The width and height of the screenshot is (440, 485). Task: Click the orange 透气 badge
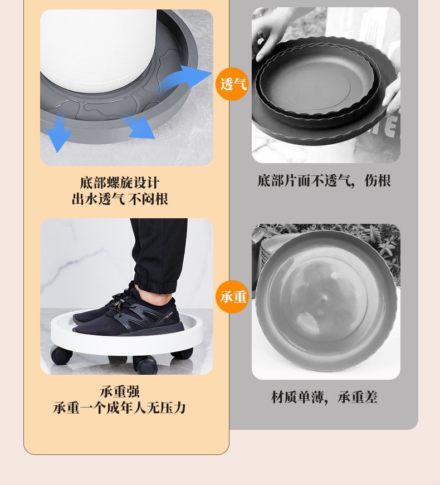tap(232, 84)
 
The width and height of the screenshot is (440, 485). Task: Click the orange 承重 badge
tap(232, 297)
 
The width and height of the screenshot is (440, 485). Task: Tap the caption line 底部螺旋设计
tap(120, 183)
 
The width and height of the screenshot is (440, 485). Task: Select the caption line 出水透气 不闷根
tap(120, 199)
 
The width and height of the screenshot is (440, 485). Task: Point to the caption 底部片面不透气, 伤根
tap(324, 180)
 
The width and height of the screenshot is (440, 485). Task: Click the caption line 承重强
tap(120, 391)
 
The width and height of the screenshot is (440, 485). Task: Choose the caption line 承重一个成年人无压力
tap(119, 408)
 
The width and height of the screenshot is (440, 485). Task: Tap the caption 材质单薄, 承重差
tap(324, 397)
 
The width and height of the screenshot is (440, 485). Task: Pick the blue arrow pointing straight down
tap(59, 131)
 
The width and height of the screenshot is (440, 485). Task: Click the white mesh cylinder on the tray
tap(99, 50)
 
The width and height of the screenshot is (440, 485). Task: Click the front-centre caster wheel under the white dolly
tap(145, 364)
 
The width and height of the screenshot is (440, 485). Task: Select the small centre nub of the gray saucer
tap(324, 298)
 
